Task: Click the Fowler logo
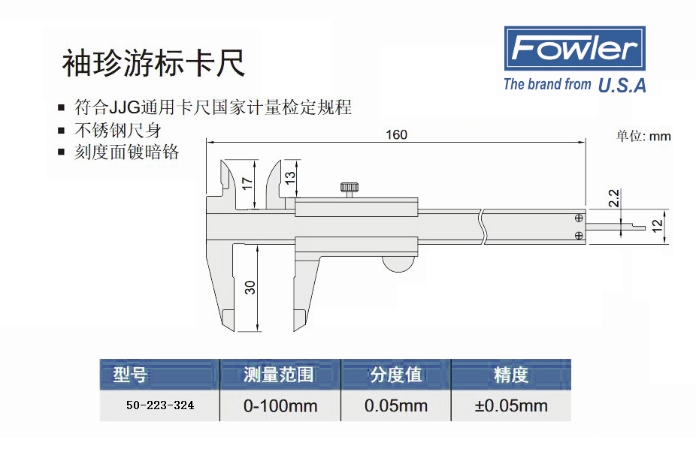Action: click(574, 48)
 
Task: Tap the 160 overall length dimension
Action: click(396, 134)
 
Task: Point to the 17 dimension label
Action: click(247, 183)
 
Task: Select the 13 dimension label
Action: click(289, 178)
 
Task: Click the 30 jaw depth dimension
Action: click(250, 288)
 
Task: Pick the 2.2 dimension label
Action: click(614, 197)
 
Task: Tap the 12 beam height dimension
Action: click(657, 226)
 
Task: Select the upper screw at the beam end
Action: click(579, 218)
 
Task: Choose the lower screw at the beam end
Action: click(579, 236)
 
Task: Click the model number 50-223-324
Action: click(160, 405)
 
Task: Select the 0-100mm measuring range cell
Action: click(280, 405)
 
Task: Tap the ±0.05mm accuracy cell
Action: click(511, 405)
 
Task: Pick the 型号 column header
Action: click(129, 375)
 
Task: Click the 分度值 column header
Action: click(396, 375)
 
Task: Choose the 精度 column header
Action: click(511, 375)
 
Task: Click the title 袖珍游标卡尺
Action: click(153, 63)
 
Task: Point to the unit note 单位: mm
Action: click(643, 136)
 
